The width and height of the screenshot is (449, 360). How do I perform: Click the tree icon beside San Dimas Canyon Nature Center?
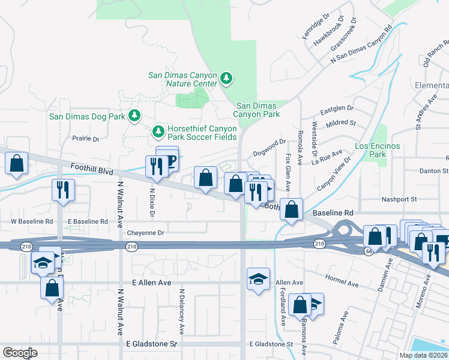coord(226,77)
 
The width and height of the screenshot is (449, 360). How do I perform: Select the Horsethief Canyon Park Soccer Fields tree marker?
coord(158,130)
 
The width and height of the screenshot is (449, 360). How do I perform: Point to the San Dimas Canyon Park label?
coord(257,110)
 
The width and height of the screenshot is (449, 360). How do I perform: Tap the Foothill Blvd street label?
coord(91,170)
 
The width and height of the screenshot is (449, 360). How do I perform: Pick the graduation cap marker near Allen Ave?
coord(258,279)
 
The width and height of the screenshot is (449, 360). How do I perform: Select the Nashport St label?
coord(399,199)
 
